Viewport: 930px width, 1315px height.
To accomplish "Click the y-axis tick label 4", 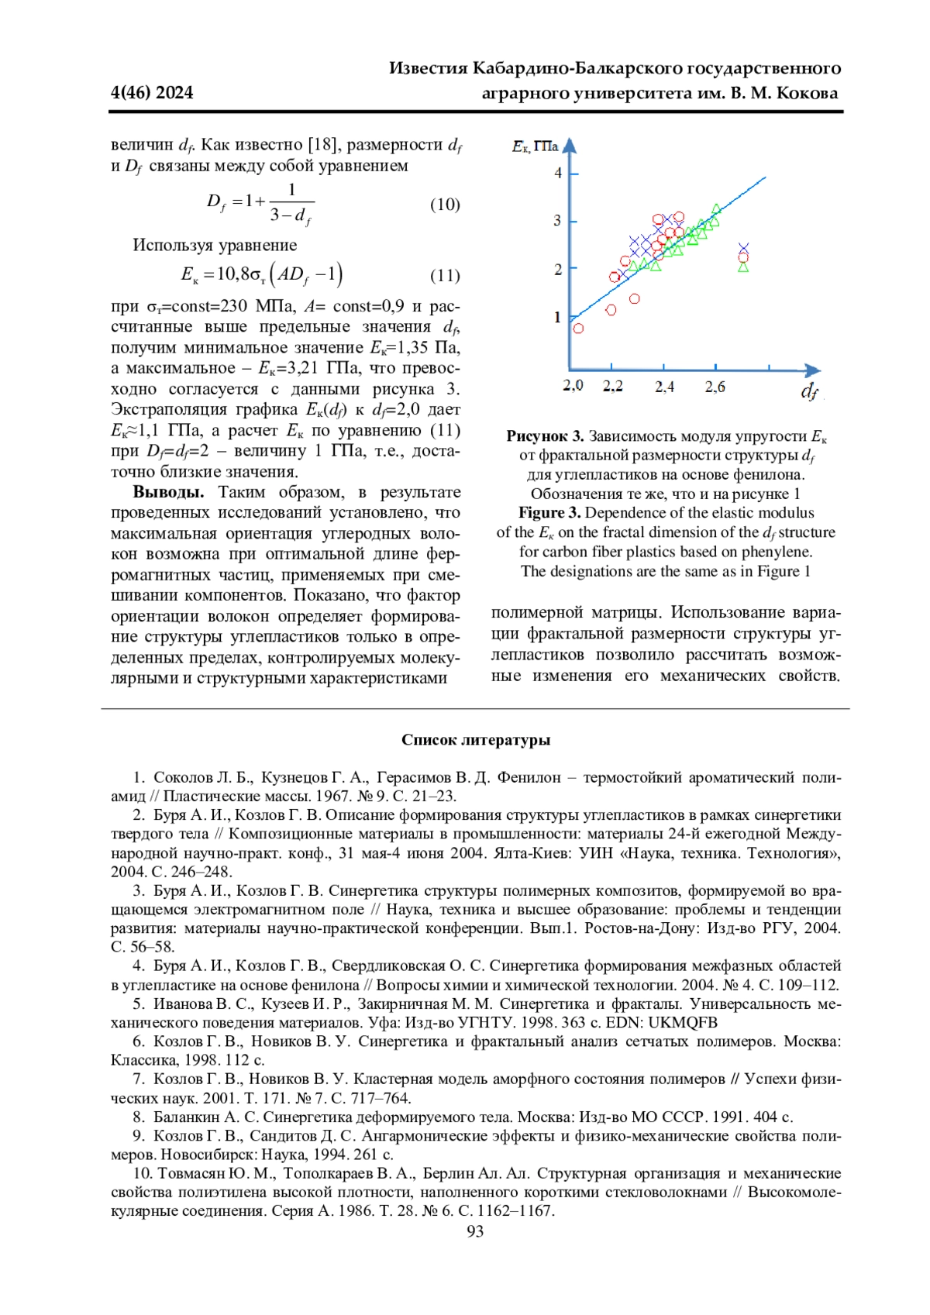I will tap(558, 173).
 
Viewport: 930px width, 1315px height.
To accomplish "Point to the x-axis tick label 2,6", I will tap(715, 386).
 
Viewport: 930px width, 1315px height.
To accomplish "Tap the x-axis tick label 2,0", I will tap(573, 385).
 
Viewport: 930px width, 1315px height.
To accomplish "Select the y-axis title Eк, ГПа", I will tap(535, 146).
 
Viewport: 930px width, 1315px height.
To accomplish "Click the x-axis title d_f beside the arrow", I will tap(808, 391).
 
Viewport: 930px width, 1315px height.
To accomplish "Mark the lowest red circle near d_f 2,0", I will tap(578, 328).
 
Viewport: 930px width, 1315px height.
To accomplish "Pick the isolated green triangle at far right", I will tap(743, 267).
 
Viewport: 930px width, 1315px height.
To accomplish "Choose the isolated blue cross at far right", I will tap(743, 249).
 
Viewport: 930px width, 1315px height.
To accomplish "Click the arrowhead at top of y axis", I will tap(570, 145).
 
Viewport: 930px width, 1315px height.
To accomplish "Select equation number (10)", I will tap(445, 205).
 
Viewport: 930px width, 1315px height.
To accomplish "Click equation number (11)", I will tap(445, 275).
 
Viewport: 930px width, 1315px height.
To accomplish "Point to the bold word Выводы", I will tap(168, 492).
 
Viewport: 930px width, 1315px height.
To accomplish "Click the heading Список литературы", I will tap(475, 740).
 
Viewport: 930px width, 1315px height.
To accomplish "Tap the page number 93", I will tap(475, 1231).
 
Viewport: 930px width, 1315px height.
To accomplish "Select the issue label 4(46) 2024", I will tap(152, 93).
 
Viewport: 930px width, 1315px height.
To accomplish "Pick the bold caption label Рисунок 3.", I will tap(545, 436).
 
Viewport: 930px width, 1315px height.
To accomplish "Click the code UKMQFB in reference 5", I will tap(683, 1023).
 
